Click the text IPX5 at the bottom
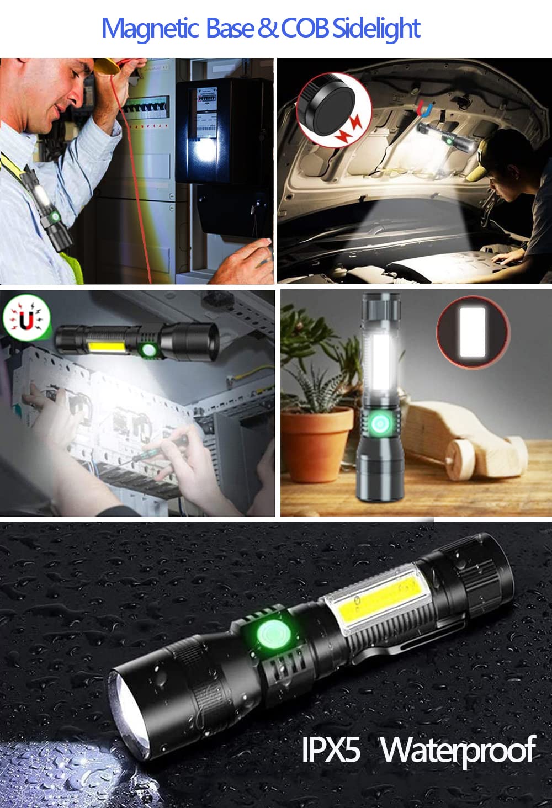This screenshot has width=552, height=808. click(331, 749)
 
